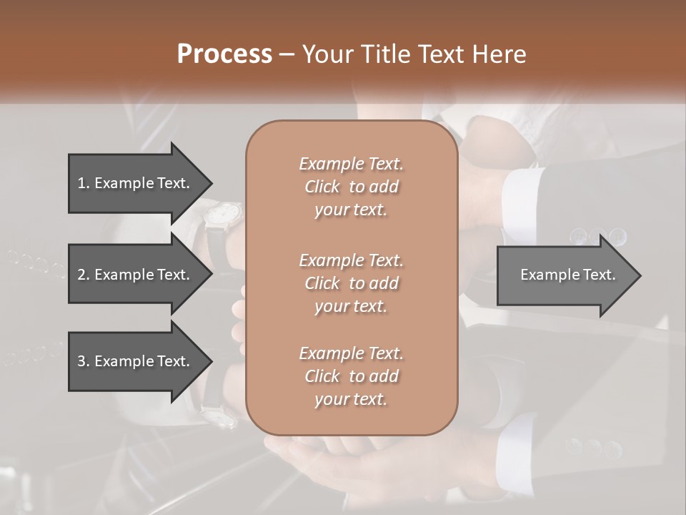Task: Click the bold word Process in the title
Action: click(x=224, y=54)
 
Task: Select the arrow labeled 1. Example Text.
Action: click(x=134, y=183)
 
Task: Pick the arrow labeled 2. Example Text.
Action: click(x=134, y=275)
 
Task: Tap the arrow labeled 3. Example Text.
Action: click(x=134, y=361)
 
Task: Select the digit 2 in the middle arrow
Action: click(x=81, y=275)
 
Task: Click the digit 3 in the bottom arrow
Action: click(x=81, y=361)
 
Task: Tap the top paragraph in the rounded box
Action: click(x=351, y=187)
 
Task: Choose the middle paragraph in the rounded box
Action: click(x=351, y=283)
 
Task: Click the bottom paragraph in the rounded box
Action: click(x=351, y=376)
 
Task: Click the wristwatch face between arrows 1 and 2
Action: click(x=226, y=212)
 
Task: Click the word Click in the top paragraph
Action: click(x=322, y=187)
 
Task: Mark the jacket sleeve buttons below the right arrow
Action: click(x=592, y=448)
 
